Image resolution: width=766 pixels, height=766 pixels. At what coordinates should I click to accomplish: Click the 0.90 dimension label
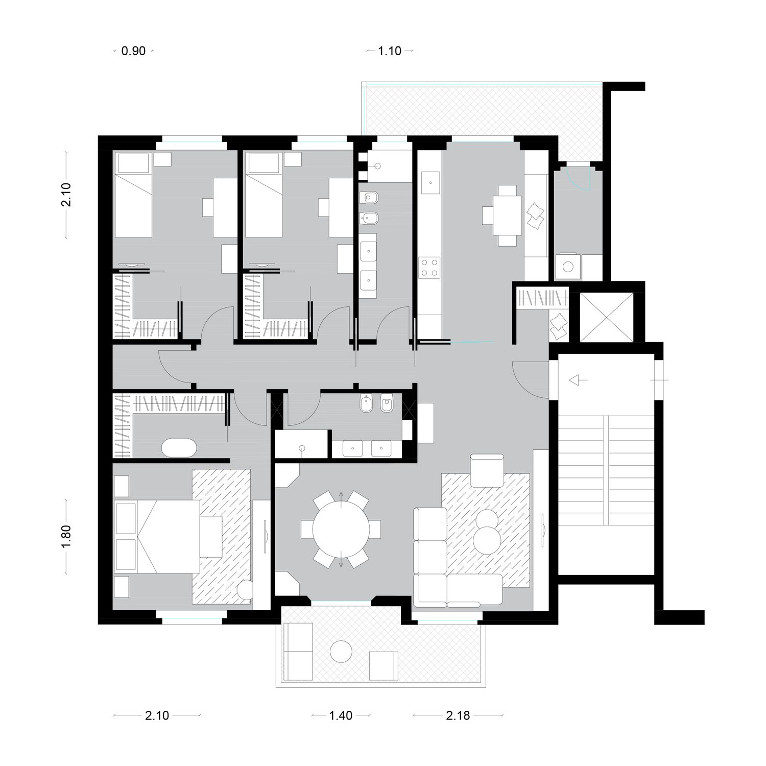133,51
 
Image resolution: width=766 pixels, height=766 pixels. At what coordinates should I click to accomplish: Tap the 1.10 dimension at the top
390,51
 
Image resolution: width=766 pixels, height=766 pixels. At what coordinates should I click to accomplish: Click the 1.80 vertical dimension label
66,536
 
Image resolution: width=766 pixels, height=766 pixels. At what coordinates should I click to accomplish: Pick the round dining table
341,529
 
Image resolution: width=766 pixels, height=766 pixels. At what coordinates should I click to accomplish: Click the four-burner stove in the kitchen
429,267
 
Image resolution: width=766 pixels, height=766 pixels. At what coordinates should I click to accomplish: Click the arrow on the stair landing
578,380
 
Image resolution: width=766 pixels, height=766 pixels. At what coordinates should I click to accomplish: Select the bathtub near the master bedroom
179,448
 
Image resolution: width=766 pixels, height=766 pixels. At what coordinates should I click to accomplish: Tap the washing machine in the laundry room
567,266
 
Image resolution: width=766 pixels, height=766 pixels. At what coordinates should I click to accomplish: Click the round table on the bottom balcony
341,651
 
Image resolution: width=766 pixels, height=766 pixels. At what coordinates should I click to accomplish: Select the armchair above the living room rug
487,470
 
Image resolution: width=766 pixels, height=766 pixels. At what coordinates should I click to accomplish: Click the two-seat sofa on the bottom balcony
297,652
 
